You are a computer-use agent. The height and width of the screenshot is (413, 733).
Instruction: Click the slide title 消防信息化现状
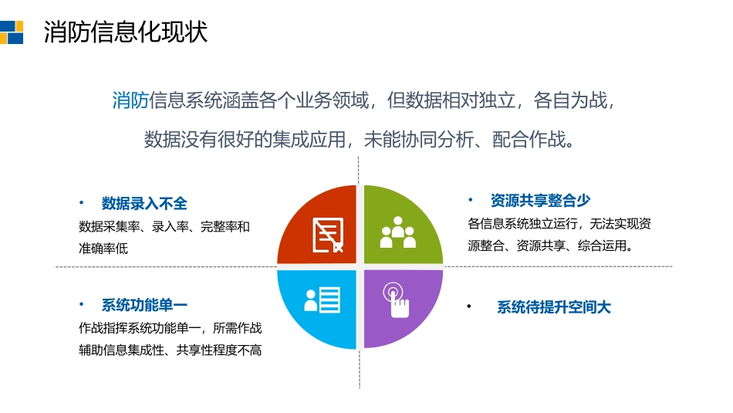pyautogui.click(x=125, y=32)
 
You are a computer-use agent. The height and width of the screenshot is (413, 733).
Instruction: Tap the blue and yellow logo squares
pyautogui.click(x=12, y=31)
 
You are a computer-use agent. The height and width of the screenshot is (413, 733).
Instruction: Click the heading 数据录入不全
pyautogui.click(x=144, y=203)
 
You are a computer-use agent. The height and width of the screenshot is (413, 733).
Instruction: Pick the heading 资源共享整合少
pyautogui.click(x=540, y=201)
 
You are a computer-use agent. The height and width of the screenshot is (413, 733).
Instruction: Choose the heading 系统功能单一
pyautogui.click(x=144, y=305)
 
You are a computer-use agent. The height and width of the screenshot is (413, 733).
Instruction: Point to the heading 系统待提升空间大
pyautogui.click(x=553, y=307)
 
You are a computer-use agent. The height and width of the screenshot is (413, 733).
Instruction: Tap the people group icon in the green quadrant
pyautogui.click(x=398, y=232)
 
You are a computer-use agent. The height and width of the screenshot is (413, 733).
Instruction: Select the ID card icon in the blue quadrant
pyautogui.click(x=322, y=300)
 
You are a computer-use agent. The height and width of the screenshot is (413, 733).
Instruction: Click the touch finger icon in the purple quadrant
pyautogui.click(x=397, y=301)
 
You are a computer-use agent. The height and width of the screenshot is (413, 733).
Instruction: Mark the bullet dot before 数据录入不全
pyautogui.click(x=81, y=202)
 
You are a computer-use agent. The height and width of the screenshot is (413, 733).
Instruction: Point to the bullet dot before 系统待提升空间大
pyautogui.click(x=468, y=307)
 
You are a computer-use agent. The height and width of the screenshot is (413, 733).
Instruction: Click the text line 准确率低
pyautogui.click(x=103, y=249)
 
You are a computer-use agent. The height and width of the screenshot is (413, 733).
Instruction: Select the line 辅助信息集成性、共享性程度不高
pyautogui.click(x=170, y=350)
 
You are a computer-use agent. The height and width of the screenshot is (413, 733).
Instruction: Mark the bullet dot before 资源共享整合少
pyautogui.click(x=470, y=200)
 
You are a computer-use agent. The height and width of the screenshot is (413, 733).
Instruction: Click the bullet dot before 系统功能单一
pyautogui.click(x=81, y=304)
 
